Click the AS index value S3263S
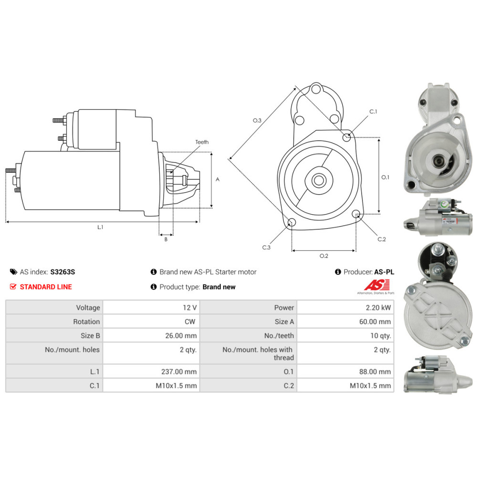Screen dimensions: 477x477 pos(62,272)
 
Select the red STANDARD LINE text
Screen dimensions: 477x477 pos(46,287)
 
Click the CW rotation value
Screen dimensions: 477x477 pos(190,321)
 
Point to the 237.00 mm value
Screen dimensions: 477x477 pos(179,372)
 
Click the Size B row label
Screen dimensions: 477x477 pos(90,335)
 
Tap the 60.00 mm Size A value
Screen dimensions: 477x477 pos(375,321)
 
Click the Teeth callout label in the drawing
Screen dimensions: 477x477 pos(202,142)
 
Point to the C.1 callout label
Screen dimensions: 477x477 pos(373,112)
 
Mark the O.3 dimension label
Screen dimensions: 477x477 pos(257,121)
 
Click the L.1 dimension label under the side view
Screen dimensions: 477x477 pos(100,227)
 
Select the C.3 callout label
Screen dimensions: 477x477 pos(267,248)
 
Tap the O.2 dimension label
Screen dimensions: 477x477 pos(324,256)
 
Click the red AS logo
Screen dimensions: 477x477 pos(377,285)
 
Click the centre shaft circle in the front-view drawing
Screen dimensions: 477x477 pos(319,180)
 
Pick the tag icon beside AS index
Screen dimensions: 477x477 pos(13,272)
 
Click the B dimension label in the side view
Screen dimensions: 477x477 pos(166,239)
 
